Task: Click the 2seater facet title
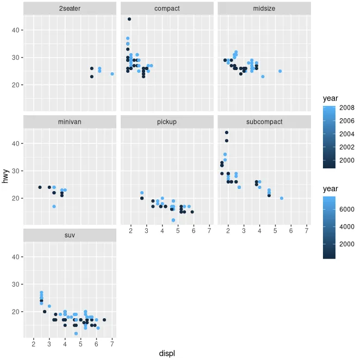[70, 9]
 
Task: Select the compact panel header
[167, 9]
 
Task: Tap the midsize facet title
[264, 9]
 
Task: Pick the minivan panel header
[70, 122]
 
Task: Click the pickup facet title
[167, 122]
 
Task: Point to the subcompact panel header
[264, 122]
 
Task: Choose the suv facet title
[70, 235]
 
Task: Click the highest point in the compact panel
[129, 19]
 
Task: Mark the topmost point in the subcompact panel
[227, 132]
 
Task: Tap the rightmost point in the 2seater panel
[112, 74]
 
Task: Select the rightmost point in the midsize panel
[280, 71]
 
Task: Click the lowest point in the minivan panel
[54, 206]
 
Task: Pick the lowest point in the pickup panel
[173, 220]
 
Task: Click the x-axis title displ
[167, 353]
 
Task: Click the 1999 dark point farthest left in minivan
[40, 187]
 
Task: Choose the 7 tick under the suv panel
[112, 344]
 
